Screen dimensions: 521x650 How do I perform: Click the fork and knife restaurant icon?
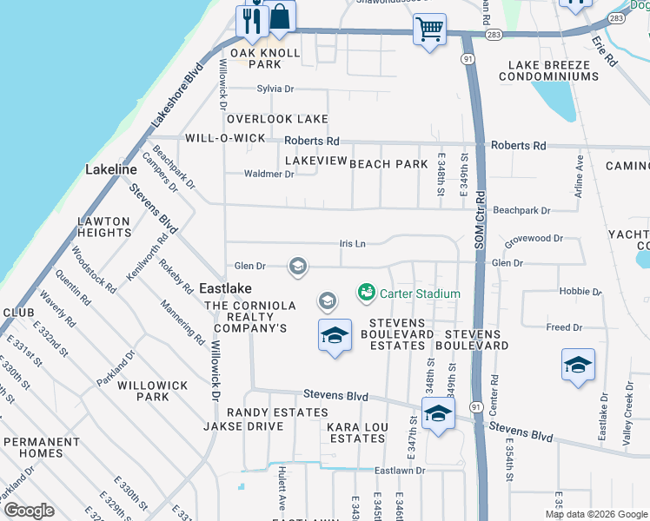tap(253, 20)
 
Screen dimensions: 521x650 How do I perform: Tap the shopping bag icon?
tap(280, 16)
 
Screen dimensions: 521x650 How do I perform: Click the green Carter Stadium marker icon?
tap(366, 293)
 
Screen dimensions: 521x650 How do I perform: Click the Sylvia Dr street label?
tap(275, 89)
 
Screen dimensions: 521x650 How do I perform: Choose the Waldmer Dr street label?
tap(269, 174)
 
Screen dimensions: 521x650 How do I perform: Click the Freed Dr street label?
tap(564, 327)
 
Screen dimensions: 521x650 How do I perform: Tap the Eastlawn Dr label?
tap(400, 470)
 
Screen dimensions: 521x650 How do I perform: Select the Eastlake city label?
tap(225, 288)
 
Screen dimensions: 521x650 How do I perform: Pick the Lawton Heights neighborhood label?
tap(104, 227)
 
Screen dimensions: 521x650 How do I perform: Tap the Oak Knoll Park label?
tap(265, 58)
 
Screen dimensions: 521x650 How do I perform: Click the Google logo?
tap(29, 511)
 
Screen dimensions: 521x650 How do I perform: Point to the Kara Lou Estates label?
tap(355, 432)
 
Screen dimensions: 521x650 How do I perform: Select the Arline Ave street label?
tap(579, 170)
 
